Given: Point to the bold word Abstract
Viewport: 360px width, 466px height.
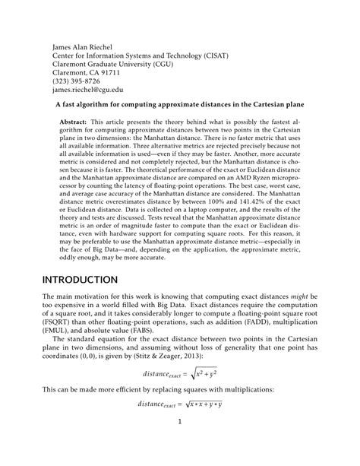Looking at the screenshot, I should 73,122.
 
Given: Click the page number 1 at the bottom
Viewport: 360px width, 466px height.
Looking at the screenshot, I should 179,442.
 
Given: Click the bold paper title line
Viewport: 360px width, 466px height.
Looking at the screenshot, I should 181,107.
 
